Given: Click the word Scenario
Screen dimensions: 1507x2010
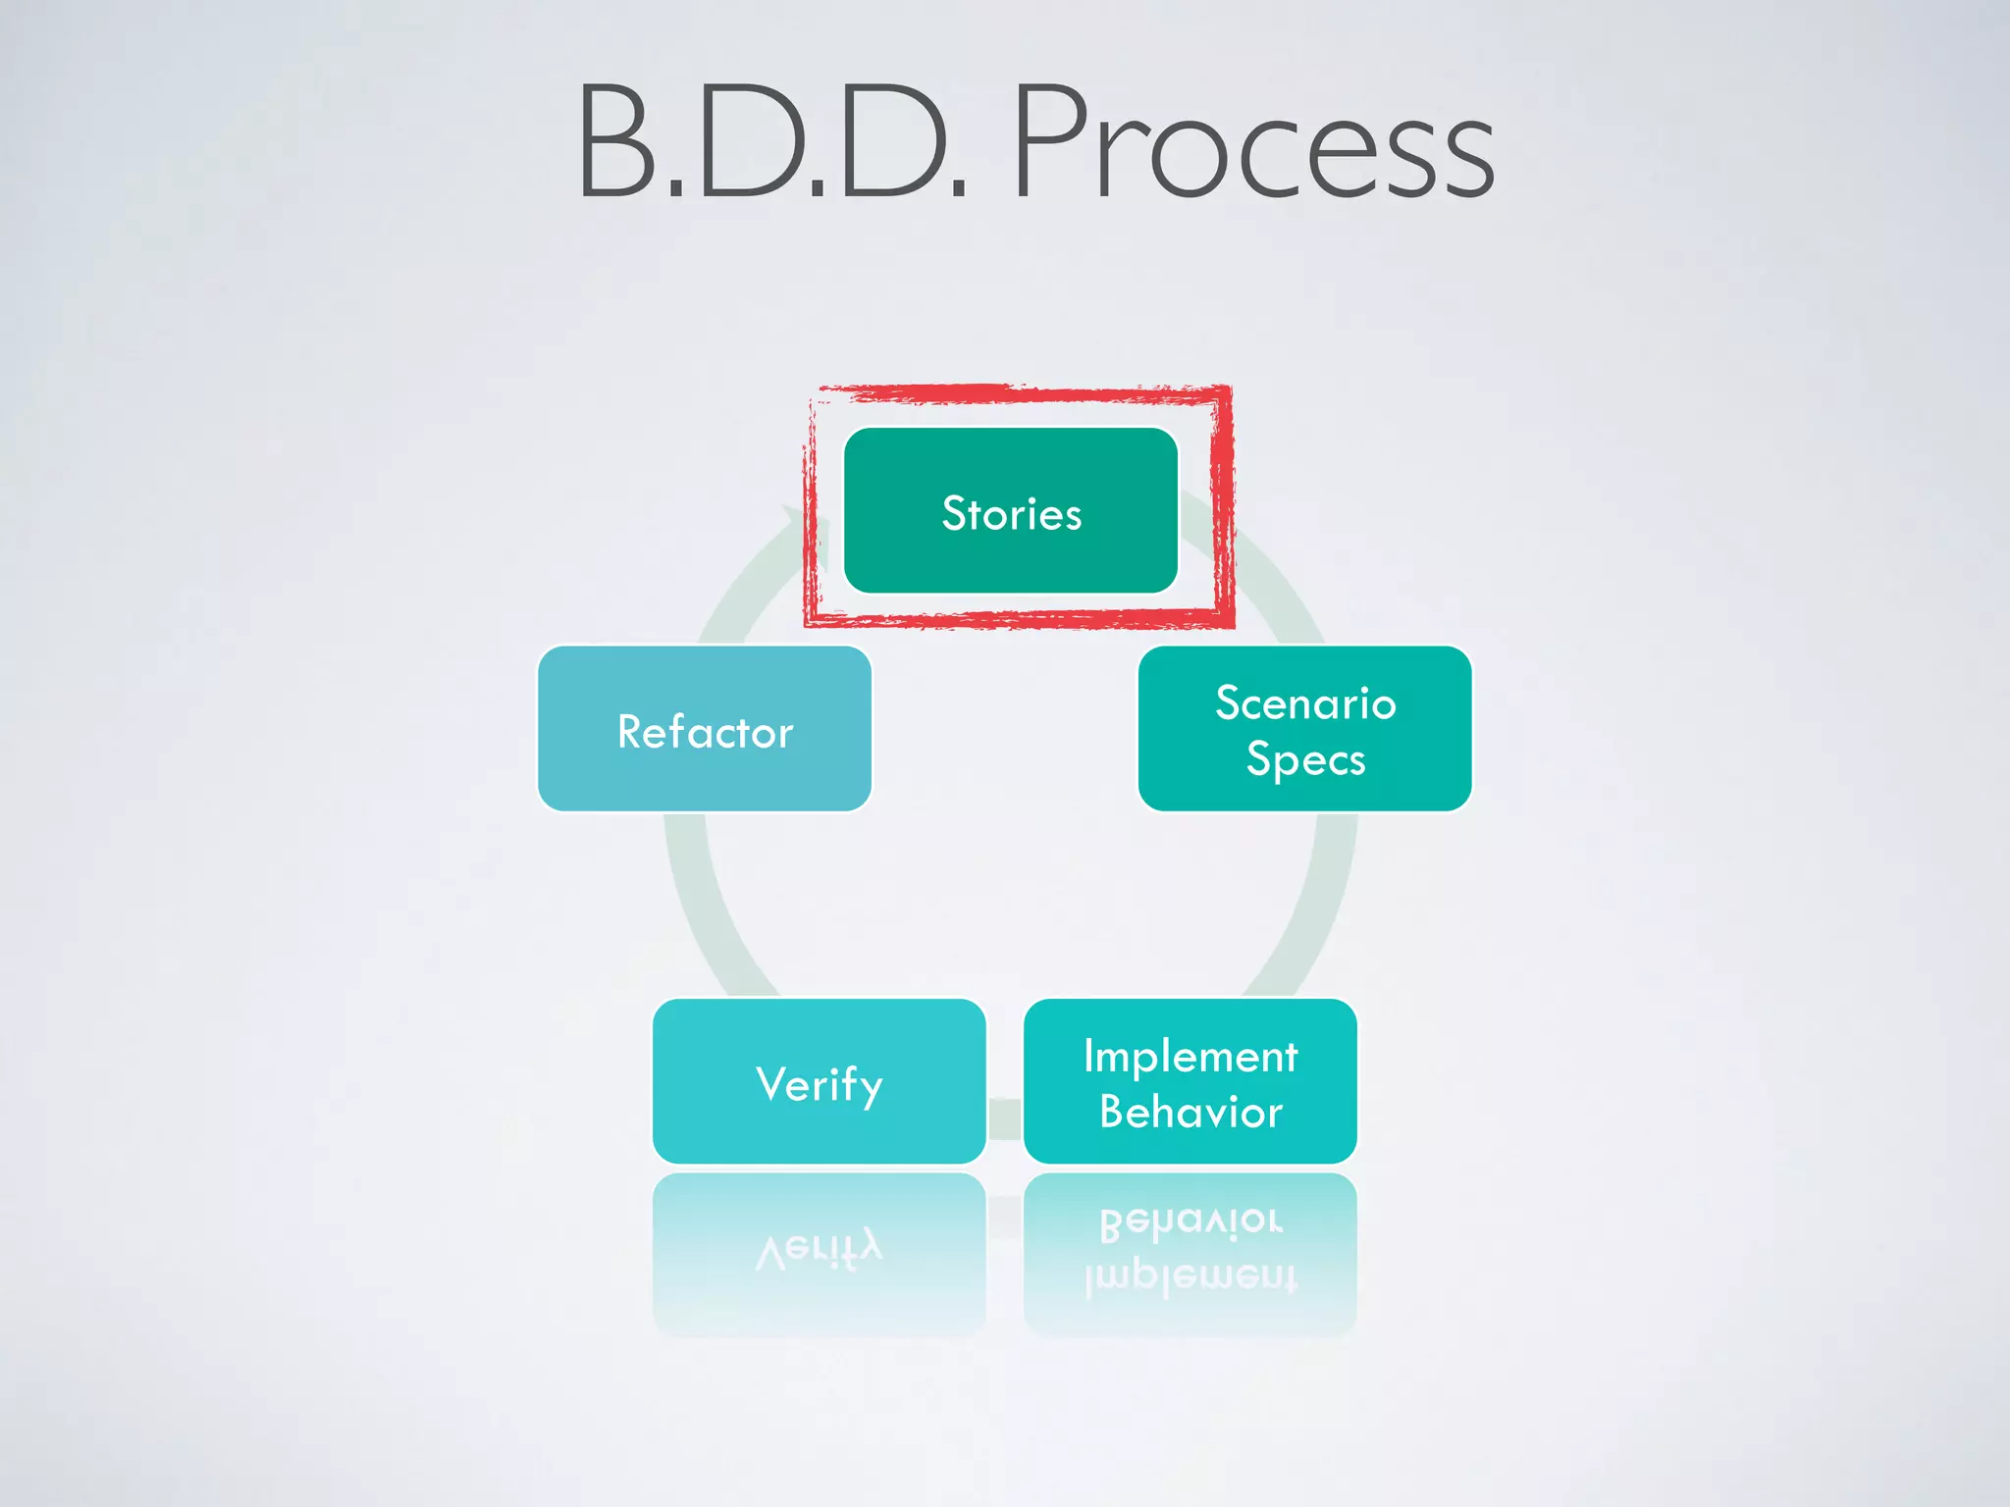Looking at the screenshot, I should (1305, 703).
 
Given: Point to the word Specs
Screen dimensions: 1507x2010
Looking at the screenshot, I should (1305, 760).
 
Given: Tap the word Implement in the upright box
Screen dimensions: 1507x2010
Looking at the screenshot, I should (1190, 1057).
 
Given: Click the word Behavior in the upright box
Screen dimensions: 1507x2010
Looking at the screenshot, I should (1190, 1113).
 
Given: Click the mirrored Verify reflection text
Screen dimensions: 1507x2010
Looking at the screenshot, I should (820, 1249).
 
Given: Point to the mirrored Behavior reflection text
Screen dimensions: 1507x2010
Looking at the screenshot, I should (1190, 1221).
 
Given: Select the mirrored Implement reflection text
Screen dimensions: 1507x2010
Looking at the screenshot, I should (1190, 1277).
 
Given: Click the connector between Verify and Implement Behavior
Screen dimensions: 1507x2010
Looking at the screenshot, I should (1005, 1118).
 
